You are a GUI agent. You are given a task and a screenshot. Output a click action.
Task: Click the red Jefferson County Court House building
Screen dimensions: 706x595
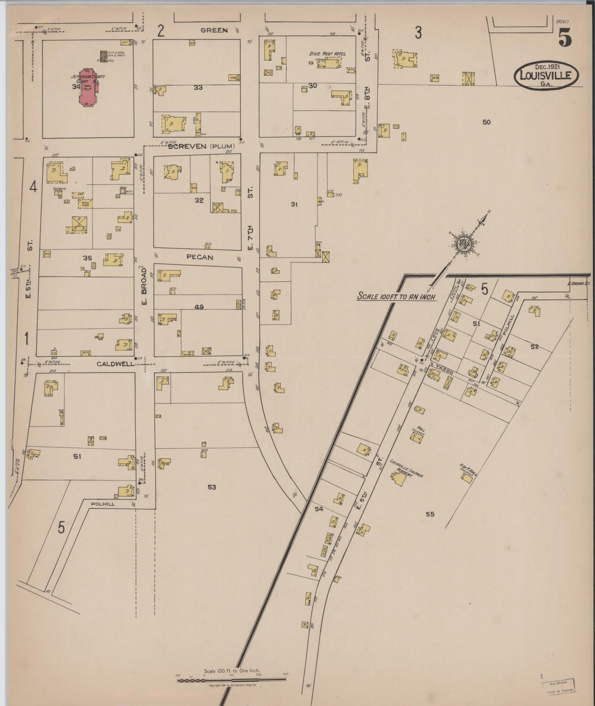coord(87,88)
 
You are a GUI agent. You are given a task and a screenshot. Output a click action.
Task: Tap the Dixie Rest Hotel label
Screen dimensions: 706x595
coord(327,54)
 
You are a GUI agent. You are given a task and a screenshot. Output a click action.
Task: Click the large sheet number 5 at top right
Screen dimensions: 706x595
coord(565,39)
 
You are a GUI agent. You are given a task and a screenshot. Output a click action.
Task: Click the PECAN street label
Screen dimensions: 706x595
coord(199,257)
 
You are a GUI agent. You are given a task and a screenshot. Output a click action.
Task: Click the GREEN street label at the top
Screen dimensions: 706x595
coord(214,30)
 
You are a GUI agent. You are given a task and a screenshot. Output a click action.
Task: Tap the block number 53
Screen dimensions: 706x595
coord(212,487)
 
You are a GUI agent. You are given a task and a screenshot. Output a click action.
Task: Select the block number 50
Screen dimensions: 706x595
coord(486,122)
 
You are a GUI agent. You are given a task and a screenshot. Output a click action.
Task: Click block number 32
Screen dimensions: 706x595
coord(199,201)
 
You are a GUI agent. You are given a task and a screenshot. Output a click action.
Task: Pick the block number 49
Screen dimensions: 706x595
coord(199,306)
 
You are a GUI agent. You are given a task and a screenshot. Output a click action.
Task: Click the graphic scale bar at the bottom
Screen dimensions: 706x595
coord(232,680)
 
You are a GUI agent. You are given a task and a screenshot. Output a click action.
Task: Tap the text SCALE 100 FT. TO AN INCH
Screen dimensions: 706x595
coord(396,296)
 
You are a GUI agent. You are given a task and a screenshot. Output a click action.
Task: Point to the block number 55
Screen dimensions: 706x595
coord(430,514)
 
